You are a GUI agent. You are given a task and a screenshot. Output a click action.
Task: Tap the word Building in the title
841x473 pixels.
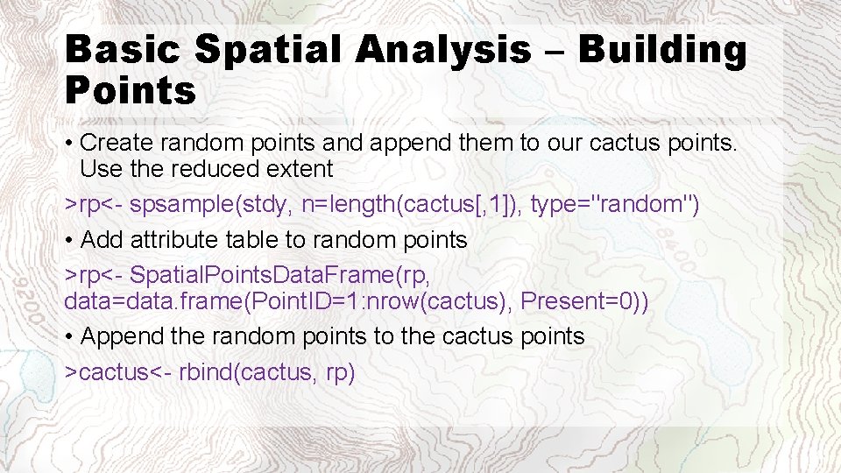point(662,51)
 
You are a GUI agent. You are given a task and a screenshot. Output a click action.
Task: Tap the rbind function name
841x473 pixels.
point(204,371)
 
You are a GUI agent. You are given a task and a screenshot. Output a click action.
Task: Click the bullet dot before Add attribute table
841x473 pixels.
point(69,239)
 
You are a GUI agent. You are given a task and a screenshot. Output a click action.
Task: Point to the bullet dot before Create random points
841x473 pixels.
point(69,143)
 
